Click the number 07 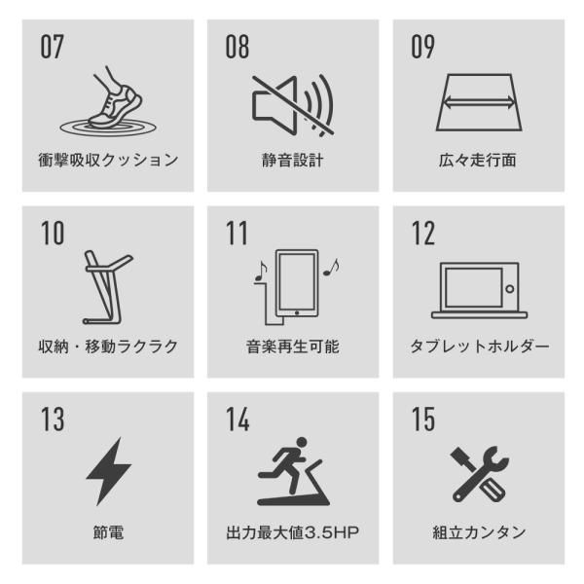pos(51,46)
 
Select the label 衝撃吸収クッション pos(104,160)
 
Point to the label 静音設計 pos(292,160)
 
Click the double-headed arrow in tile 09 pos(477,100)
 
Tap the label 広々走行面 pos(477,160)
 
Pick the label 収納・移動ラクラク pos(104,347)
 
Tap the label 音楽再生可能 pos(292,347)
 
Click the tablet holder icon pos(477,288)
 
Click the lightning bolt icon pos(107,474)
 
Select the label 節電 pos(105,532)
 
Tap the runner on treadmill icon pos(292,474)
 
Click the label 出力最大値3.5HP pos(292,532)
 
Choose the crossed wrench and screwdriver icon pos(478,474)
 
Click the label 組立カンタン pos(478,532)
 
